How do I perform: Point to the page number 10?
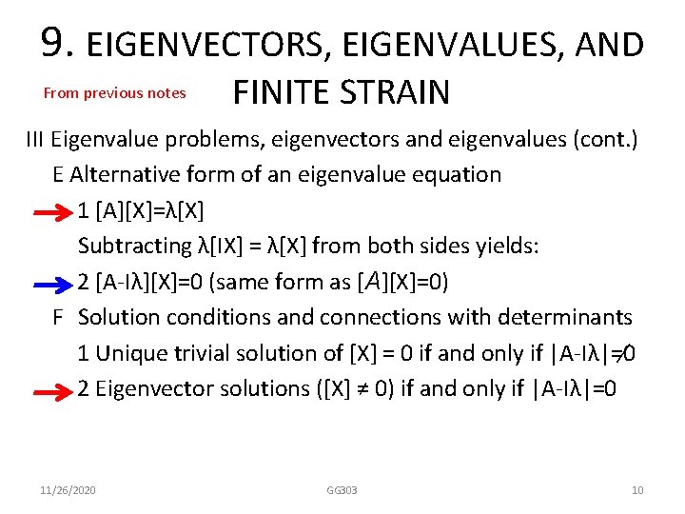[637, 490]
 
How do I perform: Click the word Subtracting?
[134, 247]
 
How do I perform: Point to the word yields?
[510, 247]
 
